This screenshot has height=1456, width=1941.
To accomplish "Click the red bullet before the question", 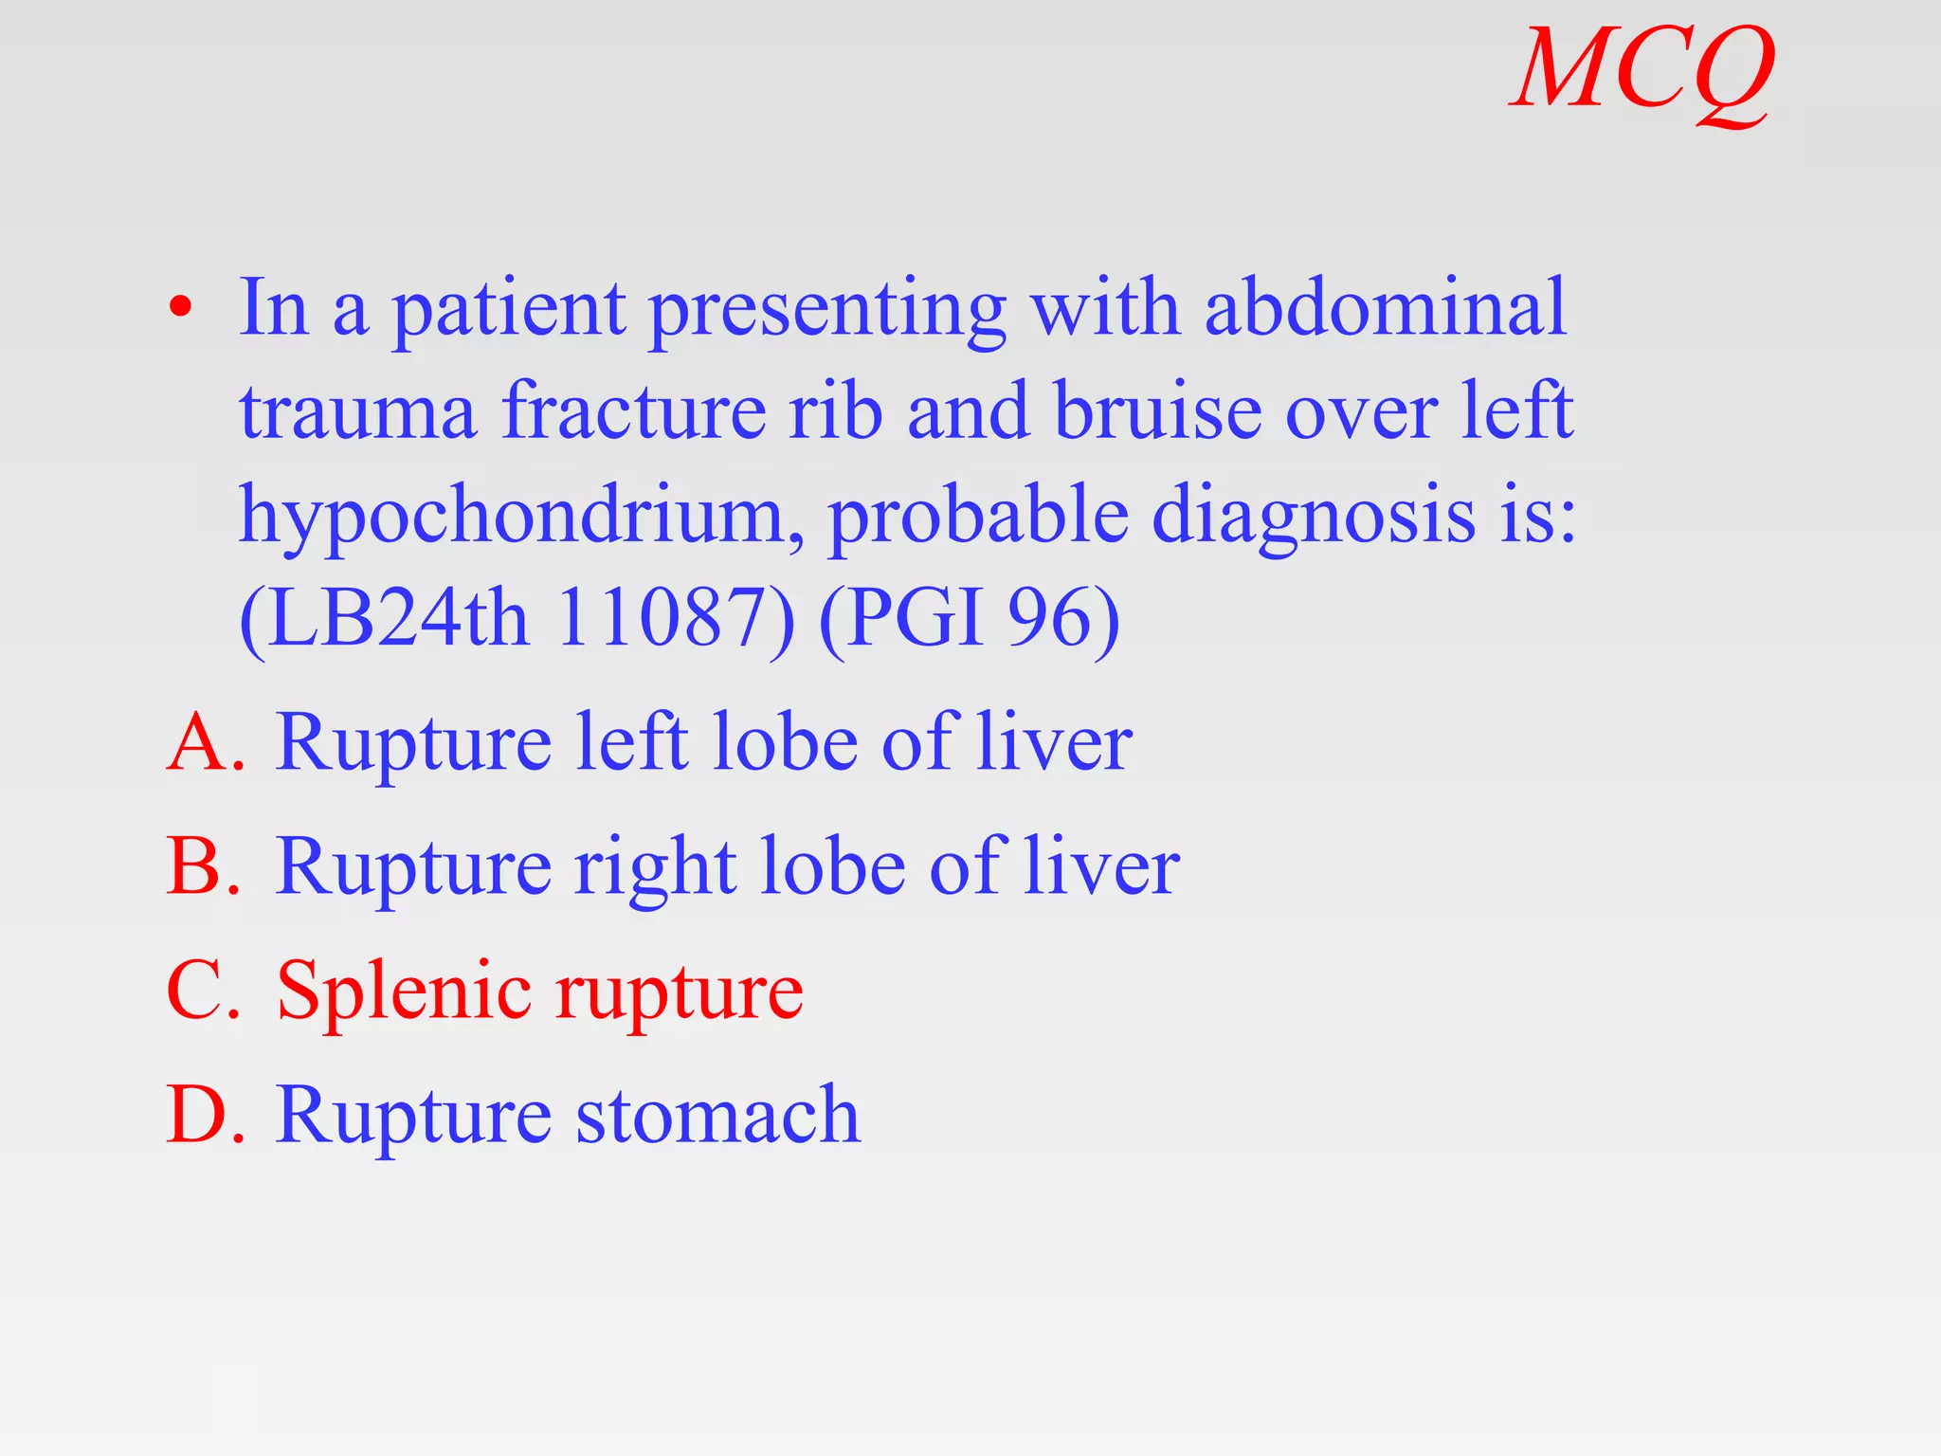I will click(x=180, y=309).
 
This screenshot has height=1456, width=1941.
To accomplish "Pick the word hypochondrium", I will click(x=520, y=518).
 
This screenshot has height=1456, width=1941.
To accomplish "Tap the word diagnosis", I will click(x=1313, y=518).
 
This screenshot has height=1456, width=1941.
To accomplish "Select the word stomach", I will click(x=717, y=1116).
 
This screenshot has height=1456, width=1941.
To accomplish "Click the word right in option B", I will click(x=655, y=868).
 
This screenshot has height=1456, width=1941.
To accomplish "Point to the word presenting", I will click(x=826, y=311).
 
